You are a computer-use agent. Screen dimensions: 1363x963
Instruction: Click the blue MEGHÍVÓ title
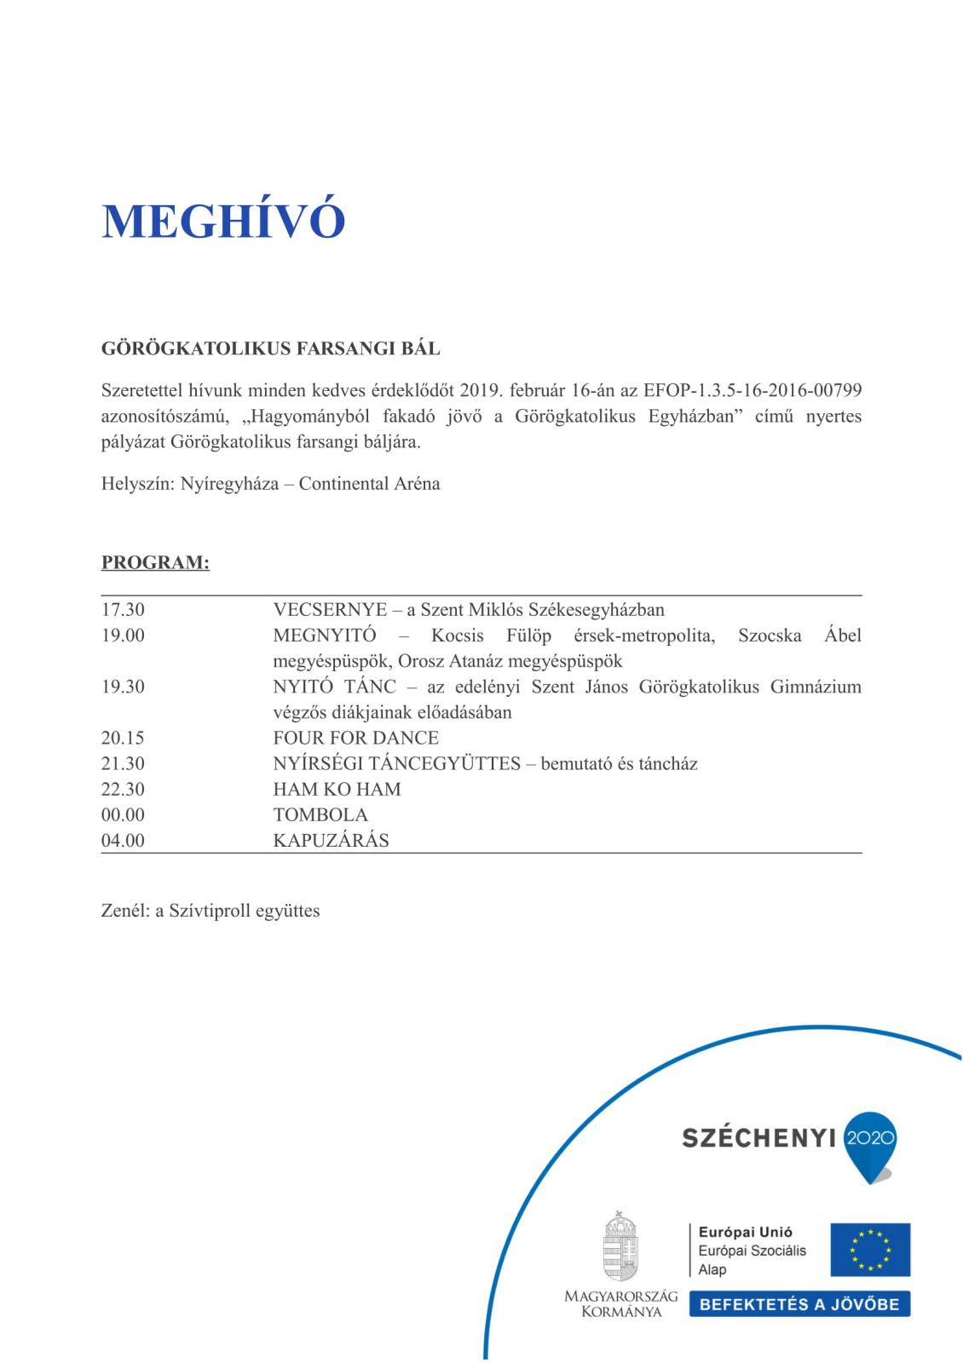pos(223,221)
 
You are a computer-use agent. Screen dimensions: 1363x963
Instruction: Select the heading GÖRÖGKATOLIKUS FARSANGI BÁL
pos(270,348)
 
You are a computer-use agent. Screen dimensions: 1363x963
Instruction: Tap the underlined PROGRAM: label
pos(155,563)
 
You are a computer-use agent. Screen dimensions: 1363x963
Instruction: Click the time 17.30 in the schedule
pos(123,610)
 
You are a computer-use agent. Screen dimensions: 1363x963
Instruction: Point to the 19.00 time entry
pos(123,635)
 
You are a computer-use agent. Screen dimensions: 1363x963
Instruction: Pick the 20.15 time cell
pos(123,738)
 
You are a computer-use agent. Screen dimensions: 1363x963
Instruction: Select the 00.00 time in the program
pos(123,814)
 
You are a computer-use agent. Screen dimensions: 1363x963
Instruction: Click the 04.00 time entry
pos(123,840)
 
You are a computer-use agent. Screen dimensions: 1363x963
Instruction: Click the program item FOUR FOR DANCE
pos(355,738)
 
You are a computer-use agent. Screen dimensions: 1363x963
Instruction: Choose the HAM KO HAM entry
pos(337,789)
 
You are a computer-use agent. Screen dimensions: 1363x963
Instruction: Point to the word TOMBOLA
pos(320,814)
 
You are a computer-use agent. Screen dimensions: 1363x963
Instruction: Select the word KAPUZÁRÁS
pos(331,840)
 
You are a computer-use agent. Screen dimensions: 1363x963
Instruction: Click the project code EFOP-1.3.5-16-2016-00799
pos(753,391)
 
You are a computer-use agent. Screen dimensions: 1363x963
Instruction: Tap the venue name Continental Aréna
pos(369,484)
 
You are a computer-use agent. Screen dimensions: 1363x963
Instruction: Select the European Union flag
pos(870,1250)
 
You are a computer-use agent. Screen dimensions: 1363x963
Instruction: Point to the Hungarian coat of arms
pos(620,1245)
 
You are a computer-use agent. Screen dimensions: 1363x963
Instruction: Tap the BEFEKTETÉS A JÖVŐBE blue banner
pos(799,1304)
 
